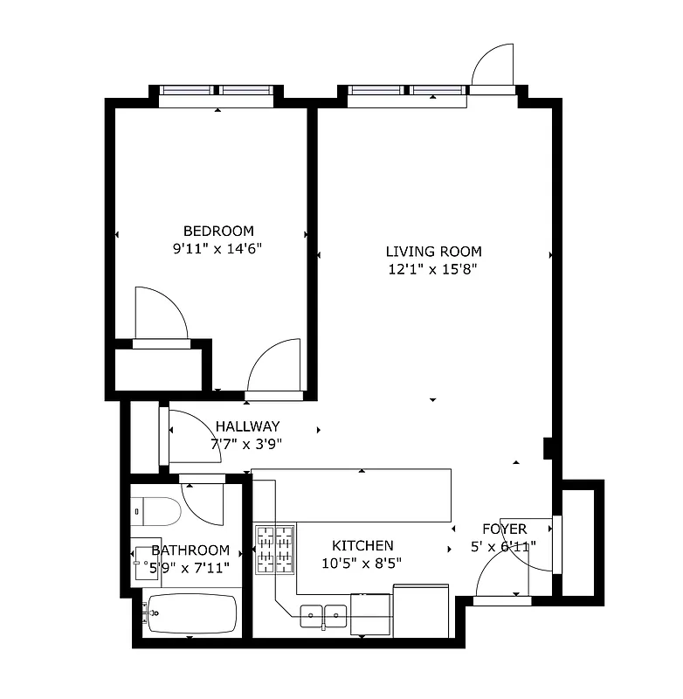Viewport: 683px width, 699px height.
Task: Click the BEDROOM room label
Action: pyautogui.click(x=218, y=231)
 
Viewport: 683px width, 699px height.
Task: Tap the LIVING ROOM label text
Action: pyautogui.click(x=434, y=252)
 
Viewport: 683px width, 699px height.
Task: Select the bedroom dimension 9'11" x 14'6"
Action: pyautogui.click(x=218, y=248)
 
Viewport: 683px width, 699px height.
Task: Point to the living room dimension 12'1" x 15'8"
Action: pyautogui.click(x=434, y=269)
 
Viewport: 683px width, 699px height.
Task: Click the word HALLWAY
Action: pyautogui.click(x=247, y=426)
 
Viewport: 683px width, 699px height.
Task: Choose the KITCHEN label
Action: pyautogui.click(x=363, y=545)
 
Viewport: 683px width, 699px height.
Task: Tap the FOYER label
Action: pyautogui.click(x=505, y=529)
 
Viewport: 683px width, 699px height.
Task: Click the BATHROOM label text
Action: pyautogui.click(x=190, y=550)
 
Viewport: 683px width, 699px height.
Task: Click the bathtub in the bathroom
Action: pyautogui.click(x=190, y=613)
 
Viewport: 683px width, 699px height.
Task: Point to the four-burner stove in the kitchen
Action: pyautogui.click(x=274, y=549)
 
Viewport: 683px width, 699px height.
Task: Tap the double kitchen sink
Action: pyautogui.click(x=324, y=616)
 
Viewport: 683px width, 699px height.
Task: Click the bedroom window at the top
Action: pyautogui.click(x=217, y=91)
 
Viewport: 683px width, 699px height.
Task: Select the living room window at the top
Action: pyautogui.click(x=406, y=91)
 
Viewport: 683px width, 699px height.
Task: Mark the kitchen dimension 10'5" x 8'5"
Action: pyautogui.click(x=363, y=563)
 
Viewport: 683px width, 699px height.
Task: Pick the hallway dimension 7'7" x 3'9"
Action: pyautogui.click(x=247, y=443)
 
